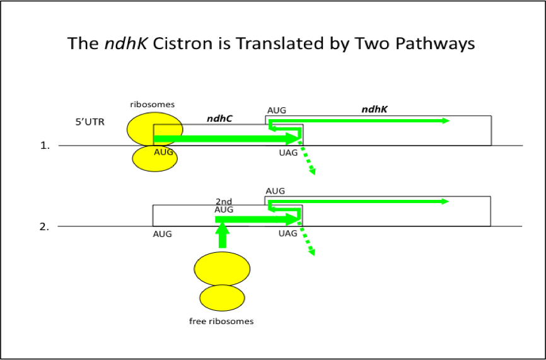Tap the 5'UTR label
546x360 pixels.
point(90,122)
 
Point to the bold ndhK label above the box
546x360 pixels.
point(375,109)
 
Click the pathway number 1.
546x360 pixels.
point(45,146)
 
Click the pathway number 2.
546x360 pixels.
point(45,226)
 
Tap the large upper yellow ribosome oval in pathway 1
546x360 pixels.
point(155,131)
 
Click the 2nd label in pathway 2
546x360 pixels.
point(224,201)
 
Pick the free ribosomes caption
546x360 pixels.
point(221,322)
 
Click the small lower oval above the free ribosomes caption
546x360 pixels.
point(221,298)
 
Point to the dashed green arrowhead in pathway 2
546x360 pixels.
point(311,252)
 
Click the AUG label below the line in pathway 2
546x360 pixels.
point(162,234)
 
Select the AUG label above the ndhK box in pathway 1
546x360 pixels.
point(277,110)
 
